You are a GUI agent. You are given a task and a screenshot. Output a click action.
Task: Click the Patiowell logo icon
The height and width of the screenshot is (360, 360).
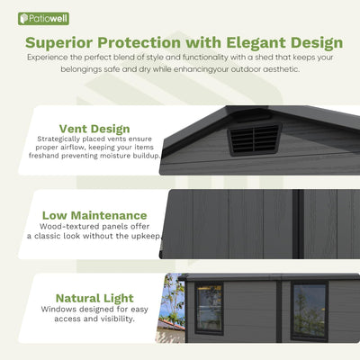25,18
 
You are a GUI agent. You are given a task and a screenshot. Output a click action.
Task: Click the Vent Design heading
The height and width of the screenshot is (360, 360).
94,129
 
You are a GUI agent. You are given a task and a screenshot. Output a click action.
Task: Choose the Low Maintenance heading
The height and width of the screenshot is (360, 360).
94,215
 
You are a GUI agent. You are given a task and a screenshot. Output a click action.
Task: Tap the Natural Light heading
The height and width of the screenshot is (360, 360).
94,298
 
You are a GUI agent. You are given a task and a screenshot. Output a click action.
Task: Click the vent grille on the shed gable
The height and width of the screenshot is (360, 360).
254,139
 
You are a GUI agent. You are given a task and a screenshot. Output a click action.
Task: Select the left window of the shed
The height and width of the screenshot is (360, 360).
210,308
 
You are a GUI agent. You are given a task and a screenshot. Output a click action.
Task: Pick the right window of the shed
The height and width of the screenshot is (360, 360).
309,310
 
